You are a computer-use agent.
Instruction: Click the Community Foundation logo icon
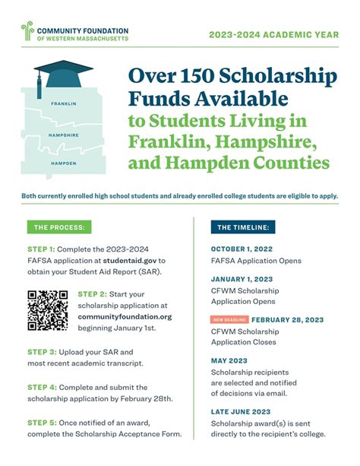[x=27, y=31]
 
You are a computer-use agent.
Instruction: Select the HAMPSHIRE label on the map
[x=65, y=135]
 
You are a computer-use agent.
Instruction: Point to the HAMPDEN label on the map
[x=64, y=163]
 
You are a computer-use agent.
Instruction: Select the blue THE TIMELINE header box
[x=245, y=227]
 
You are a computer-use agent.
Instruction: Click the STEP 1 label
[x=41, y=249]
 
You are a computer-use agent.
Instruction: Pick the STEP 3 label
[x=41, y=352]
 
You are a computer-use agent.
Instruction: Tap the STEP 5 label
[x=41, y=422]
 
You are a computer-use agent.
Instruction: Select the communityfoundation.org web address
[x=125, y=316]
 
